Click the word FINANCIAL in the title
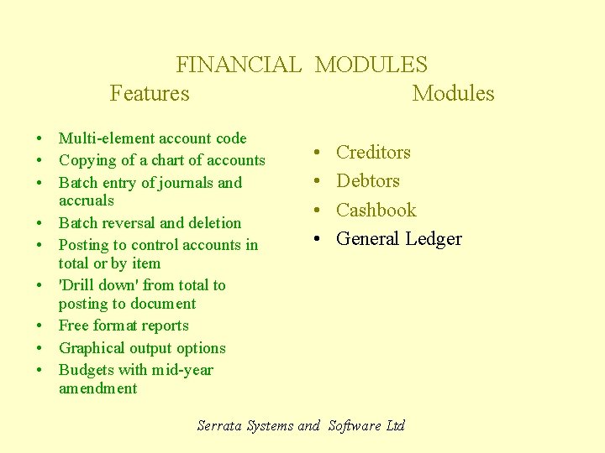tap(238, 65)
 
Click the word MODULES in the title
tap(371, 65)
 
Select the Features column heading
tap(150, 93)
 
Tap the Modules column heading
tap(453, 93)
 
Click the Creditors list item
tap(373, 152)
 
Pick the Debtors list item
tap(367, 180)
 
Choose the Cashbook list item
tap(376, 210)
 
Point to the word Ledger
tap(434, 239)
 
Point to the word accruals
tap(86, 200)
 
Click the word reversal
tap(129, 223)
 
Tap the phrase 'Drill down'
tap(98, 285)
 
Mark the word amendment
tap(97, 388)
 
